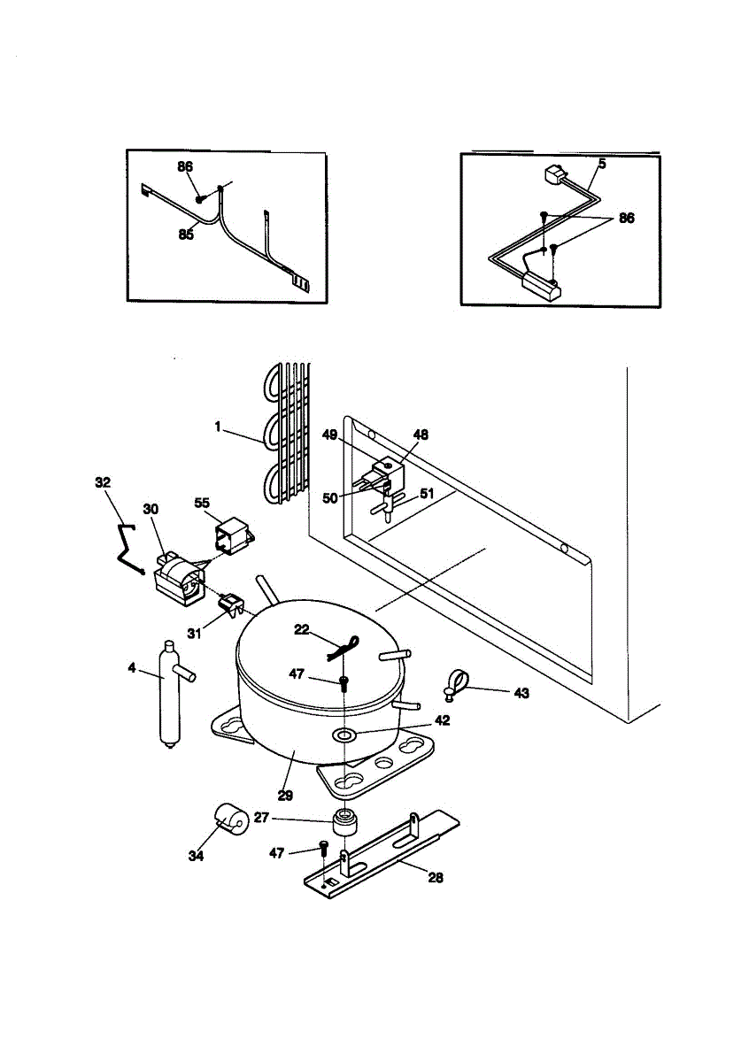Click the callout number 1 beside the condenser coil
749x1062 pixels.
click(217, 426)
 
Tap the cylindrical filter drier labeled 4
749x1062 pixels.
click(166, 695)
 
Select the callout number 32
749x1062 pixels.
click(104, 482)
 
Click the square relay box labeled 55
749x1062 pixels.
click(233, 536)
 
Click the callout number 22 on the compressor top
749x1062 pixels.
click(302, 628)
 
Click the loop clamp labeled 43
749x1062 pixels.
click(454, 683)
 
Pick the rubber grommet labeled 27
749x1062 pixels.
click(344, 821)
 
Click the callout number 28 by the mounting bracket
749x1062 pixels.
click(435, 878)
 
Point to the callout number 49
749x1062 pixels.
click(330, 434)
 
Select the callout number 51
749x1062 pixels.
click(427, 494)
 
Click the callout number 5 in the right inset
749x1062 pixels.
click(601, 164)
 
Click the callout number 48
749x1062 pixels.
click(421, 435)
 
